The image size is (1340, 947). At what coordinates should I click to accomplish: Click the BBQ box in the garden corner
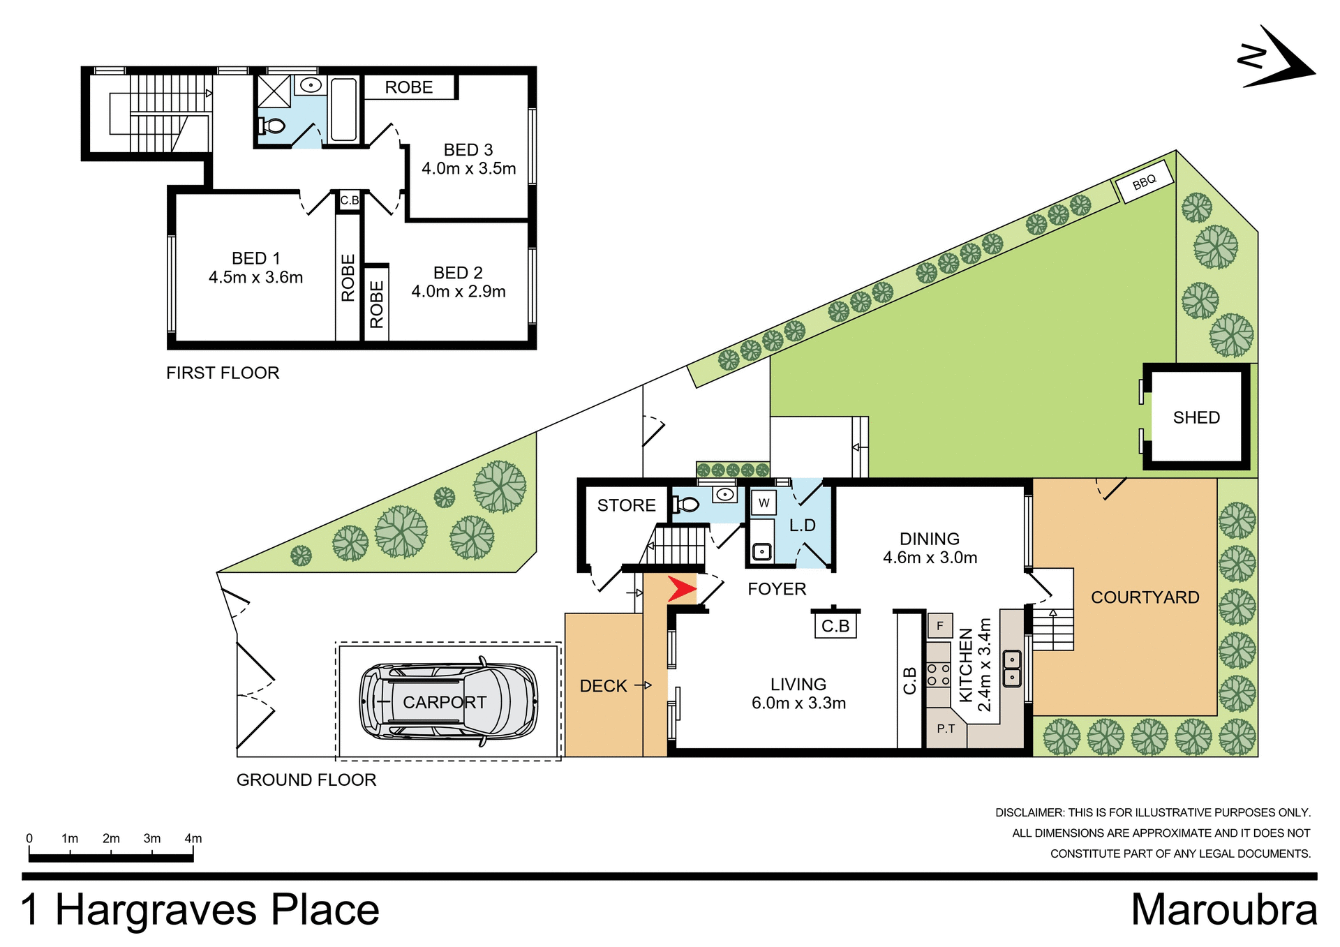pos(1145,182)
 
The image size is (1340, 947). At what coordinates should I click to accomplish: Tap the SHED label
pos(1196,417)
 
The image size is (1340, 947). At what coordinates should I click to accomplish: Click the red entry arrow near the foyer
pos(681,589)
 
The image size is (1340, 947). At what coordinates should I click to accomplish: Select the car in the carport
pos(448,701)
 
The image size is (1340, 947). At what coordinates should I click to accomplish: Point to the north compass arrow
pos(1277,59)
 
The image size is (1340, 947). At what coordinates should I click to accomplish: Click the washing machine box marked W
pos(764,502)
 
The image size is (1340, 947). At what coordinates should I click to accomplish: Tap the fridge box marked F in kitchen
pos(940,626)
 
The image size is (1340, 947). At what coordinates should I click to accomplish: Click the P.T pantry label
pos(946,729)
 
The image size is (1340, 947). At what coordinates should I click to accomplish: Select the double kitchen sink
pos(1011,668)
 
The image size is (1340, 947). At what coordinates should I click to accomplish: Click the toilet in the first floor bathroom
pos(273,126)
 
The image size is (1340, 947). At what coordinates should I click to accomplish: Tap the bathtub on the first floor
pos(343,110)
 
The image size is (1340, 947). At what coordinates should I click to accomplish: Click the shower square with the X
pos(274,91)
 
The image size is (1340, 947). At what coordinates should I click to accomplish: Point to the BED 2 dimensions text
pos(458,292)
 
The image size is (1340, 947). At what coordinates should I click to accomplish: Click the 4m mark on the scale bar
pos(193,839)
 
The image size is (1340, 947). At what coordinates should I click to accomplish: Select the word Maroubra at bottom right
pos(1223,910)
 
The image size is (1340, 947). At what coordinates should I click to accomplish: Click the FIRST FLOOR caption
pos(223,373)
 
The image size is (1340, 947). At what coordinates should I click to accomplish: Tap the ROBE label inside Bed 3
pos(409,87)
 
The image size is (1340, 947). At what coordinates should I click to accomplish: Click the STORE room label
pos(626,505)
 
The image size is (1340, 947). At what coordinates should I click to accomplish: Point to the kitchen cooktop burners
pos(938,674)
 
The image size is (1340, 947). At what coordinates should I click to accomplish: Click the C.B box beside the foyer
pos(835,626)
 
